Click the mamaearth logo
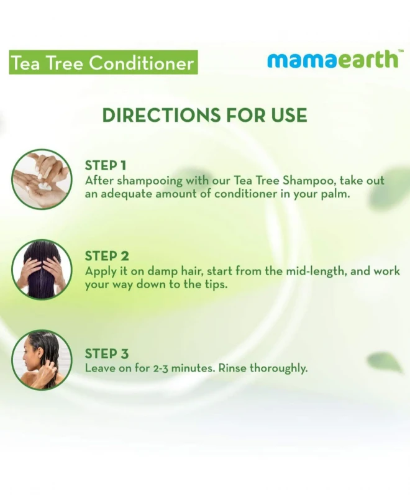(x=332, y=60)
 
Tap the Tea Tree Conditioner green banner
(x=103, y=62)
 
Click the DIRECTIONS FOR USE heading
(x=204, y=115)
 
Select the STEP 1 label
(x=106, y=165)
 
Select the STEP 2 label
(x=107, y=256)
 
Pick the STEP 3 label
(x=107, y=353)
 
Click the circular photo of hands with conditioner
(x=42, y=180)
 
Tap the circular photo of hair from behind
(x=42, y=270)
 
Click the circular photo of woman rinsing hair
(x=42, y=360)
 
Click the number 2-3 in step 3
(x=160, y=368)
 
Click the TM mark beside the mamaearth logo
(x=401, y=51)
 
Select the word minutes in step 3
(x=193, y=368)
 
